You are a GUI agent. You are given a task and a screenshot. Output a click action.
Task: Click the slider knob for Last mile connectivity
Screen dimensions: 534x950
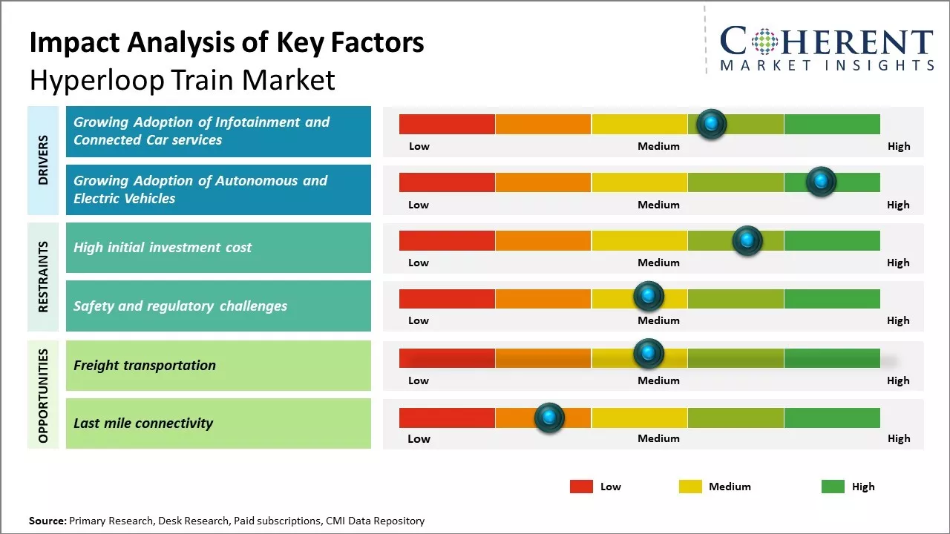[549, 418]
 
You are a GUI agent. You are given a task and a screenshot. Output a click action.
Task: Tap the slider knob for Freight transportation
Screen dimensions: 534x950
[649, 354]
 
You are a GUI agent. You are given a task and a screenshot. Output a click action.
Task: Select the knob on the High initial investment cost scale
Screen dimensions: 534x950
[747, 240]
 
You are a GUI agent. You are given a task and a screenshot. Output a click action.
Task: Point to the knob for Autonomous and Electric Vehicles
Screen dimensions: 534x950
[821, 181]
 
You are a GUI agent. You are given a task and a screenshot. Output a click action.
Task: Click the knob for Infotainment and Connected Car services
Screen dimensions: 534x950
[712, 124]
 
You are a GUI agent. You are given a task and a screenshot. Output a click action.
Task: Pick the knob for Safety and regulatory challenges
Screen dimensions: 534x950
[649, 296]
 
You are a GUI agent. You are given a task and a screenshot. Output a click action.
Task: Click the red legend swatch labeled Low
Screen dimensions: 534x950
[581, 487]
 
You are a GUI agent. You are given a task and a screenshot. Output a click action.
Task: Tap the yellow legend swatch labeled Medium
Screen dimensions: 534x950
[690, 487]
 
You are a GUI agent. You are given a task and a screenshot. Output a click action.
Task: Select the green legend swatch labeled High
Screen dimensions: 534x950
[833, 487]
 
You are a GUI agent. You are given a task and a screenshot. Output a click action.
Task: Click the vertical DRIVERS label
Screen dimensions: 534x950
[43, 159]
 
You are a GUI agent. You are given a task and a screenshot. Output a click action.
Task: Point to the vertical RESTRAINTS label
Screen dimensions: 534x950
[43, 277]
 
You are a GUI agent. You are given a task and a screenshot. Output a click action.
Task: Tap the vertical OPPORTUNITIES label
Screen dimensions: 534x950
[43, 395]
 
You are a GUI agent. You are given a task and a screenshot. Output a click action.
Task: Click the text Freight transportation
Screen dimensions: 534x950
[145, 365]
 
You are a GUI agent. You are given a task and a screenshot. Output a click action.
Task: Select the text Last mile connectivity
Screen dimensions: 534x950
[143, 423]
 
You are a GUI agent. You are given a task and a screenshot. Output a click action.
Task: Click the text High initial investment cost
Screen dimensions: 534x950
[163, 247]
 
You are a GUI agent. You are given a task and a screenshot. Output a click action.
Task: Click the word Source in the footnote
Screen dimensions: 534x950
[47, 521]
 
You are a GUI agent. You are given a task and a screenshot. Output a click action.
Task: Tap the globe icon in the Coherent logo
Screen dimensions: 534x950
[764, 42]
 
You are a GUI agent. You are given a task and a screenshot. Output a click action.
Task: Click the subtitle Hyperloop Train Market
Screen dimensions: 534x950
[182, 79]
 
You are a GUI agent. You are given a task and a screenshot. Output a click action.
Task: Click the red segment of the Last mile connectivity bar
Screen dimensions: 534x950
[447, 418]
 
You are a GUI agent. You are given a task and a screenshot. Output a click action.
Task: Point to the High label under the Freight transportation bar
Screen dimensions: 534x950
[898, 380]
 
